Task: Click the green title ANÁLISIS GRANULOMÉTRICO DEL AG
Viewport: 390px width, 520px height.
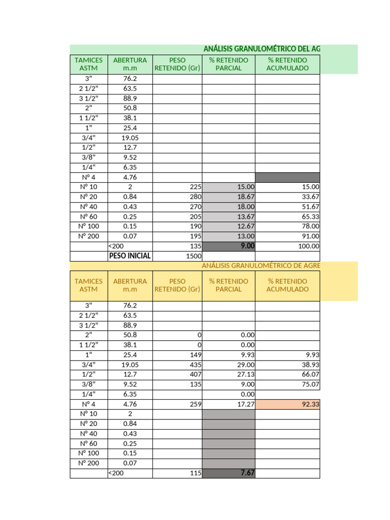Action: pos(262,49)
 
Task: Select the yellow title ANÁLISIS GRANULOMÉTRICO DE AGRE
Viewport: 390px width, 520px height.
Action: pos(261,266)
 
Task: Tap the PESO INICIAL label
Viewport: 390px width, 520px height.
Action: pos(130,256)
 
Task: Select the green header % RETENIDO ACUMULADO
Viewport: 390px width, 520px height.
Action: pos(287,64)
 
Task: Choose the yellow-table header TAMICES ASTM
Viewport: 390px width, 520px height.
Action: pos(88,285)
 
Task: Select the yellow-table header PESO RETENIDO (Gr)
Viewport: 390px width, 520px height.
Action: pos(177,285)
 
